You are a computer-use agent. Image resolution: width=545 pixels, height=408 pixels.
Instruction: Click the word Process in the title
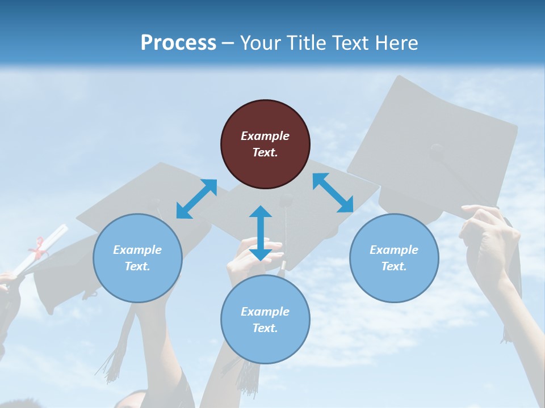(178, 43)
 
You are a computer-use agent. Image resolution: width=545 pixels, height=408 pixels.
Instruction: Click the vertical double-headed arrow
(261, 233)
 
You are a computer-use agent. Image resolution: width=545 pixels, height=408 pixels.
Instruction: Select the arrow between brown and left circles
(196, 199)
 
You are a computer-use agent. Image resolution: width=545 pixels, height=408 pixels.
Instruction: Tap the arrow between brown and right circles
(333, 193)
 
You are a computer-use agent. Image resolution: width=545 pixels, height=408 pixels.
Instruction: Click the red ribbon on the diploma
(39, 248)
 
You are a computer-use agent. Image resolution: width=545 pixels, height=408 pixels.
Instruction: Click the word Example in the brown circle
(265, 136)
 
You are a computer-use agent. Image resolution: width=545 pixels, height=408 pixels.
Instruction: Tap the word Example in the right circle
(394, 250)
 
